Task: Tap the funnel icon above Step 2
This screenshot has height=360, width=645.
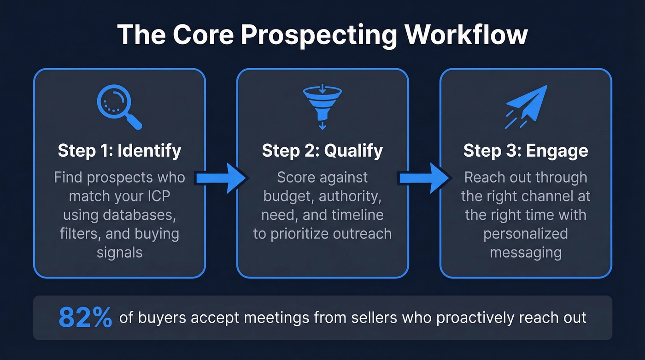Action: (322, 106)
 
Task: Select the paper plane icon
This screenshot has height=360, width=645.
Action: (526, 106)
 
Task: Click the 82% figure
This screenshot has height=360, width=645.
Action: (85, 318)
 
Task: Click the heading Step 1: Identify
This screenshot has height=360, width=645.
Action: (119, 151)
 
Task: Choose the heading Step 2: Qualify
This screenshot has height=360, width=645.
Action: (322, 151)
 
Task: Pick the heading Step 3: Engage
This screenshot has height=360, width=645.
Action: (526, 151)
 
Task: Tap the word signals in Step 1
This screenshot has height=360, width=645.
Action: (119, 252)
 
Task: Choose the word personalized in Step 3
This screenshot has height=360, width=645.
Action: (526, 234)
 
